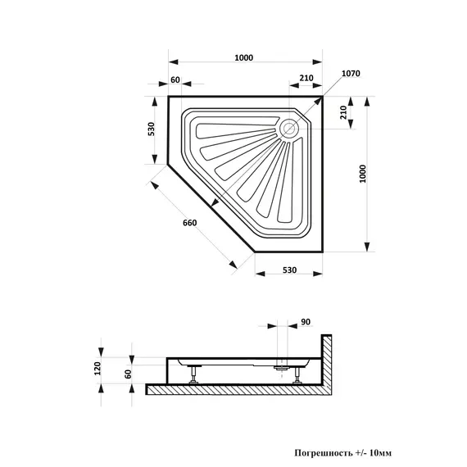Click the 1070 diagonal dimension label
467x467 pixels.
[x=351, y=73]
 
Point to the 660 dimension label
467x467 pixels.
[x=190, y=223]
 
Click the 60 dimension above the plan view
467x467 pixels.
[x=175, y=79]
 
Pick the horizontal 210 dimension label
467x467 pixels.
[x=306, y=78]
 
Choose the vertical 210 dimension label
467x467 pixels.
[x=343, y=112]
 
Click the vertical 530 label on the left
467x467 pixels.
[x=152, y=129]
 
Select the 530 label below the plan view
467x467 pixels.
[x=289, y=270]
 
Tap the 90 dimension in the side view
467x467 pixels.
[x=306, y=322]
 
